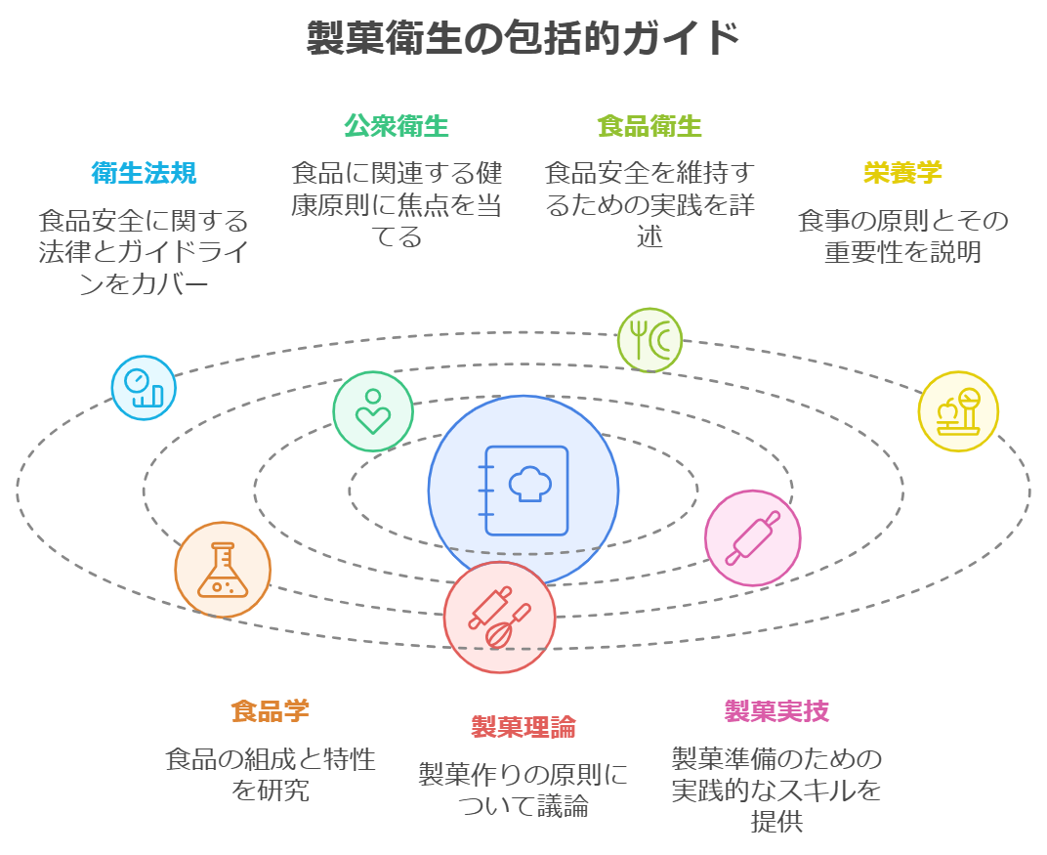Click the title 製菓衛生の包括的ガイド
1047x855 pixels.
point(523,39)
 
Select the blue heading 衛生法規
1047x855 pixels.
point(144,173)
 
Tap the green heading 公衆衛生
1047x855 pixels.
point(397,126)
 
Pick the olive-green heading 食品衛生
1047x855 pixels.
point(649,126)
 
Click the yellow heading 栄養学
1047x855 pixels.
point(902,173)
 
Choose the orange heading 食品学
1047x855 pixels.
point(271,710)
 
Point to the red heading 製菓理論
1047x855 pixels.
point(523,727)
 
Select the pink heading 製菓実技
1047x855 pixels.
point(776,710)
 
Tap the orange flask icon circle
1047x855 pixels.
point(223,570)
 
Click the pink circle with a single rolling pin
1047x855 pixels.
point(753,538)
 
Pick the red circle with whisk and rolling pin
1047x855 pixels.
point(499,618)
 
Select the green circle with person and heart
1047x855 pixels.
point(373,411)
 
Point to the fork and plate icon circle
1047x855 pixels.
point(649,340)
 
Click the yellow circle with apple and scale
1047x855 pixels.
point(958,411)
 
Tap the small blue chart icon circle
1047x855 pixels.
point(144,388)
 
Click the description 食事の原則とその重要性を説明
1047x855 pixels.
point(902,235)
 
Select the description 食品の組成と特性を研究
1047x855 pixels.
point(271,774)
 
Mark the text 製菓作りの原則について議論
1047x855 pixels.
point(523,791)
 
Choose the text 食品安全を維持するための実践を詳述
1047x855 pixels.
point(649,204)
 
